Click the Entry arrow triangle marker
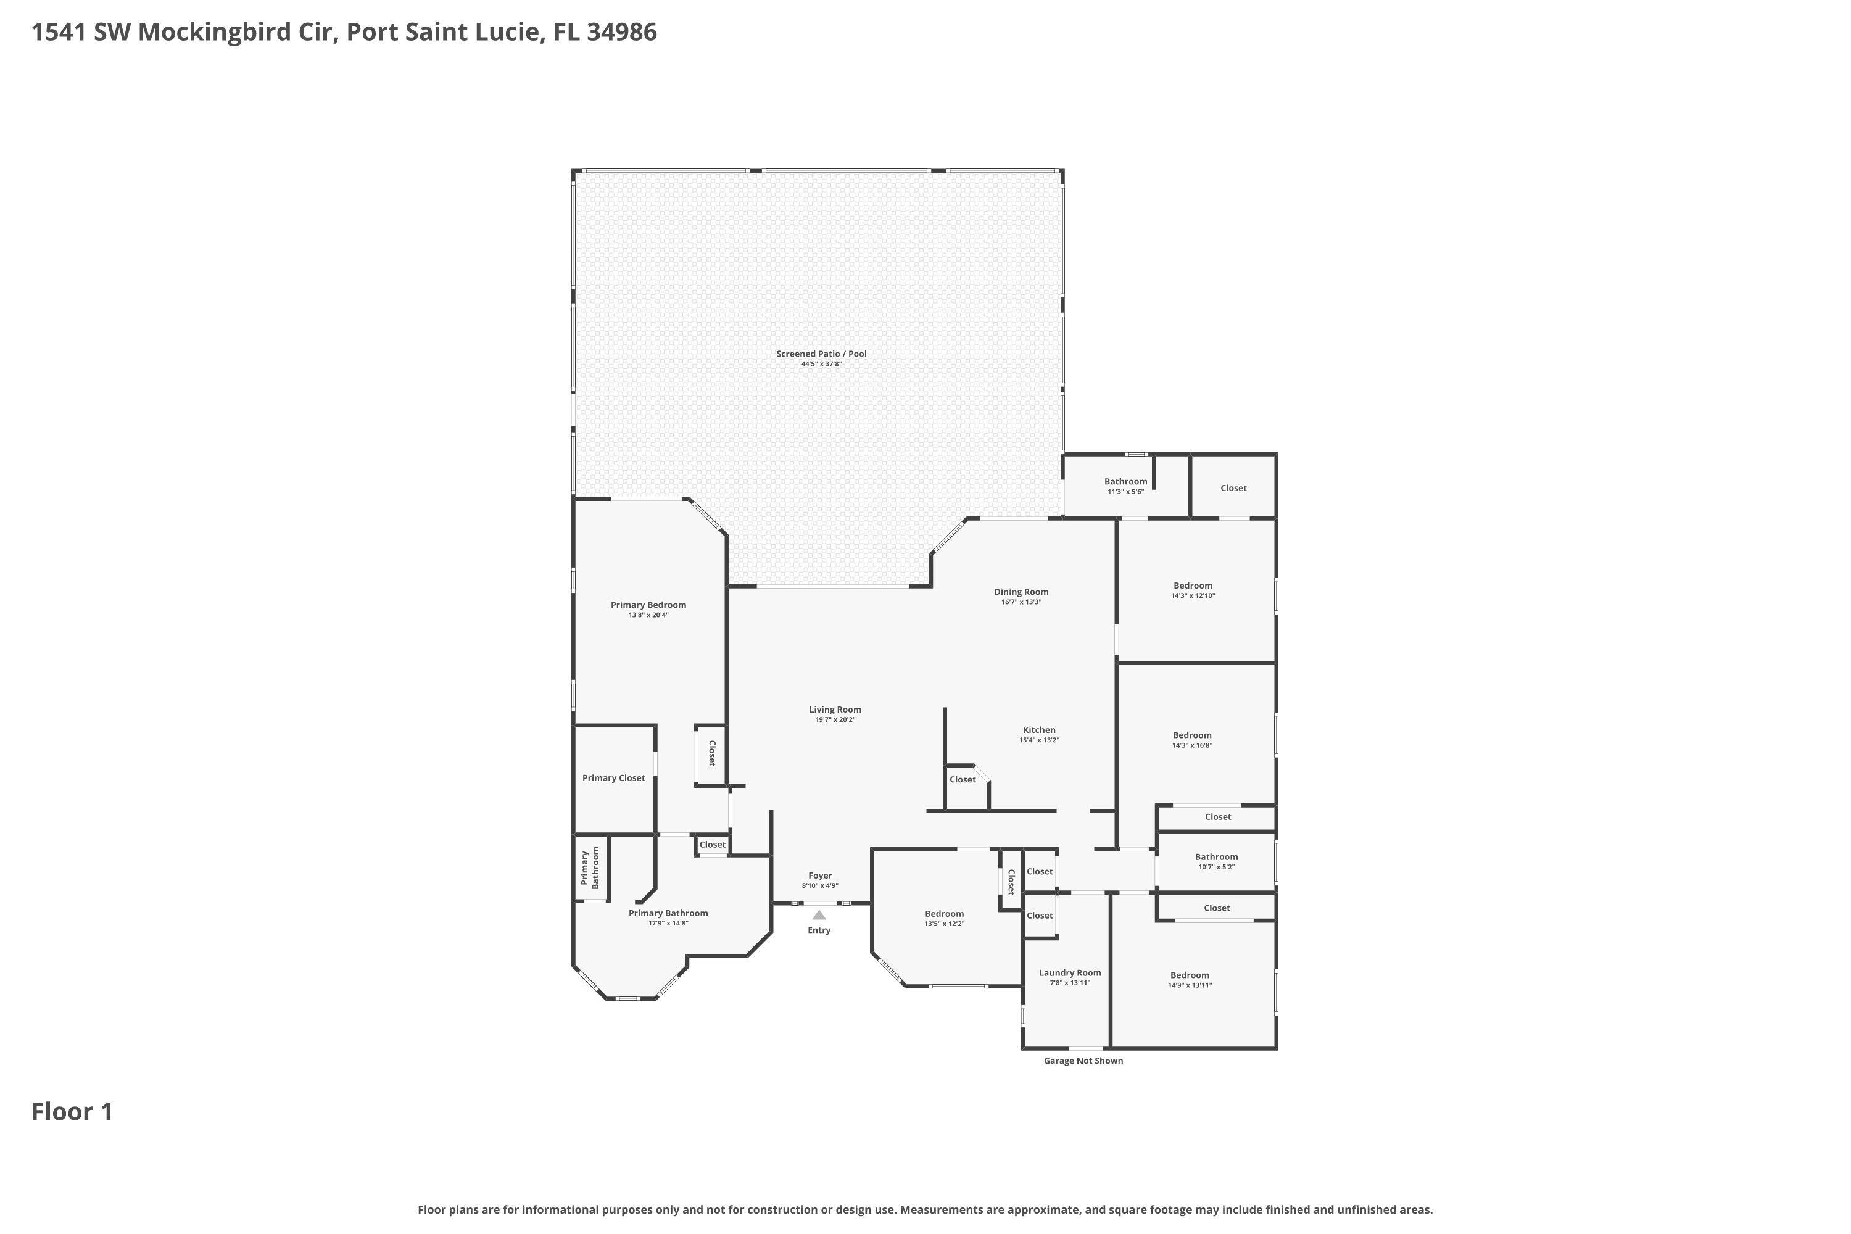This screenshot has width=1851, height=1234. tap(819, 915)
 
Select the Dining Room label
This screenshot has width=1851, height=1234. tap(1021, 592)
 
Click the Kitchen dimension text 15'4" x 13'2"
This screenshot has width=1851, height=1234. tap(1039, 740)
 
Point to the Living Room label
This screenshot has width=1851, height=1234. tap(835, 709)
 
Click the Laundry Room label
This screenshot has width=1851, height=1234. tap(1069, 973)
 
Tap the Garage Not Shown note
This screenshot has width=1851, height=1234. tap(1083, 1061)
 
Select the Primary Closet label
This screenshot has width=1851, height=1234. tap(613, 777)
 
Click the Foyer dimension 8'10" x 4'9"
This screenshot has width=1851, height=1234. tap(820, 885)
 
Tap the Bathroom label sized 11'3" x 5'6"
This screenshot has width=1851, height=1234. tap(1125, 482)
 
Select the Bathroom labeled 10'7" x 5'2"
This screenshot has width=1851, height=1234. tap(1216, 857)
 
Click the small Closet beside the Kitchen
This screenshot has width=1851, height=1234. tap(963, 779)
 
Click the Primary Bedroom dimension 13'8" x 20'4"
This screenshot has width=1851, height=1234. tap(648, 615)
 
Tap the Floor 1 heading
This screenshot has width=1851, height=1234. tap(72, 1111)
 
